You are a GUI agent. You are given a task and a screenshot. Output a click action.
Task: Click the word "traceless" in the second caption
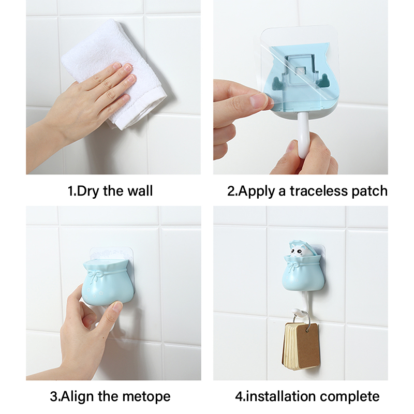[x=319, y=190]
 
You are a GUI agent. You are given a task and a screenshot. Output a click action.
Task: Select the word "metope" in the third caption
[x=146, y=396]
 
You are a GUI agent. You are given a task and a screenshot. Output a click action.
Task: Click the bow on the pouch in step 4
[x=293, y=265]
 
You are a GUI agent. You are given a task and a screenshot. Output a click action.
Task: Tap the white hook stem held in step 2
[x=303, y=135]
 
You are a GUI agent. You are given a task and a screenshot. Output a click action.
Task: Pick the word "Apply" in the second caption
[x=256, y=191]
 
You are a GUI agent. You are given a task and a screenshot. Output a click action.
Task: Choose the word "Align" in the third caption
[x=77, y=397]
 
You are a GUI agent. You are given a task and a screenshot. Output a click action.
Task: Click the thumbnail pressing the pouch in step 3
[x=117, y=307]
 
